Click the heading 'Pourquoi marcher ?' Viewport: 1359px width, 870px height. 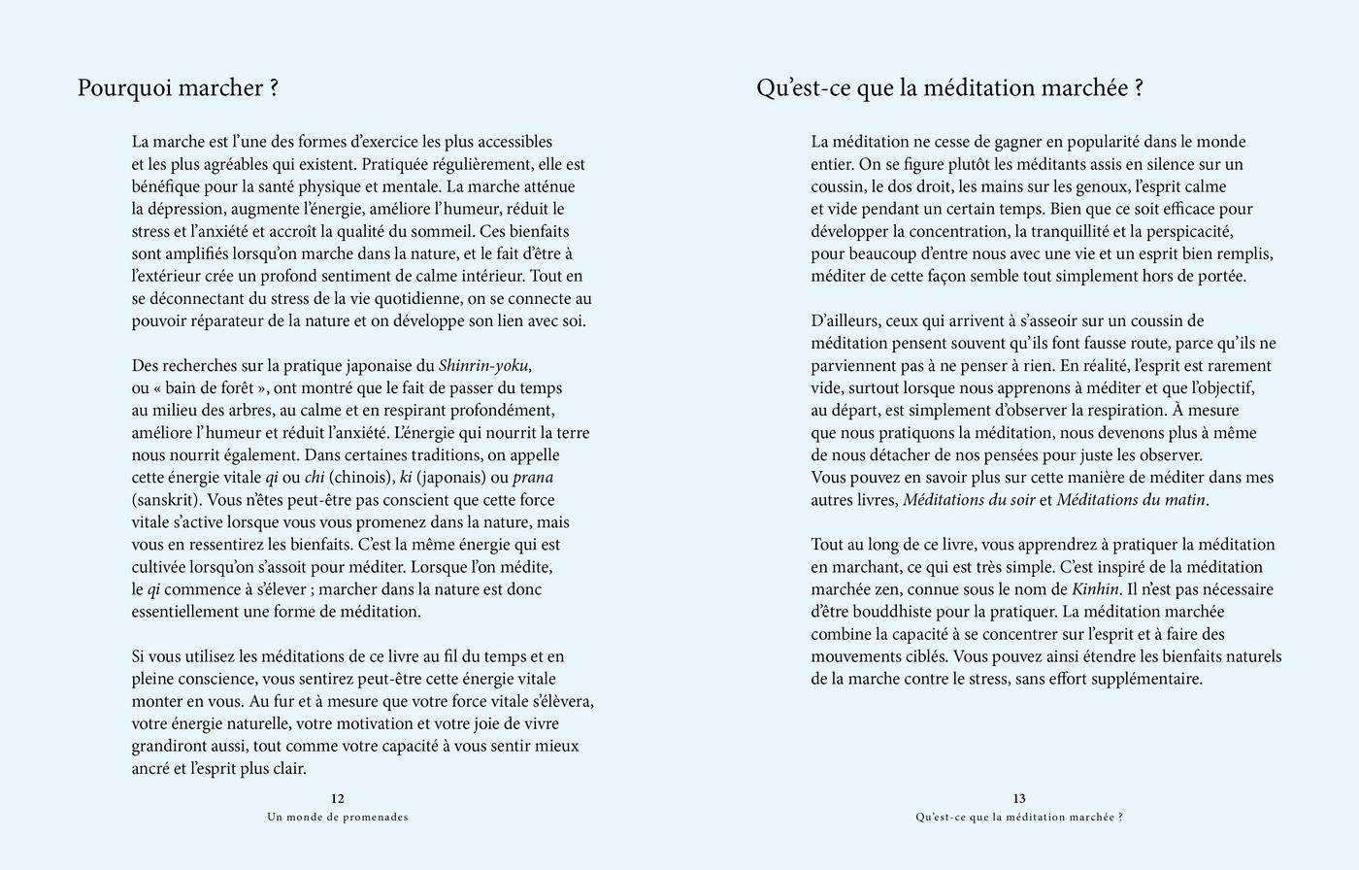(x=178, y=88)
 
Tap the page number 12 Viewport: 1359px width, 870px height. (x=338, y=799)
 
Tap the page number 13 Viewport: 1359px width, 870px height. (x=1019, y=799)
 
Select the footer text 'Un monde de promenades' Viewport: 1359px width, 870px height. (x=338, y=818)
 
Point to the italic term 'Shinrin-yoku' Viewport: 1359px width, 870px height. (x=485, y=366)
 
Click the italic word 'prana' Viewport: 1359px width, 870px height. (x=533, y=478)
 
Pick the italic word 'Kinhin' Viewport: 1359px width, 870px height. (x=1096, y=589)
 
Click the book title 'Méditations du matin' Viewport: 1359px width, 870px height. (x=1131, y=500)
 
